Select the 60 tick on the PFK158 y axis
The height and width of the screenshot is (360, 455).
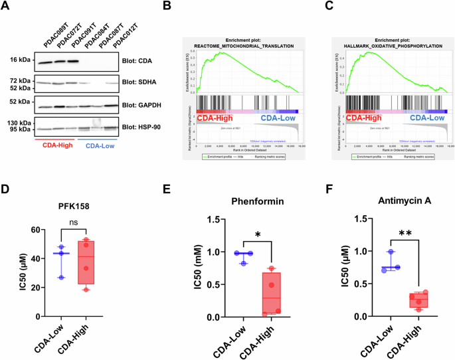[25, 230]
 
